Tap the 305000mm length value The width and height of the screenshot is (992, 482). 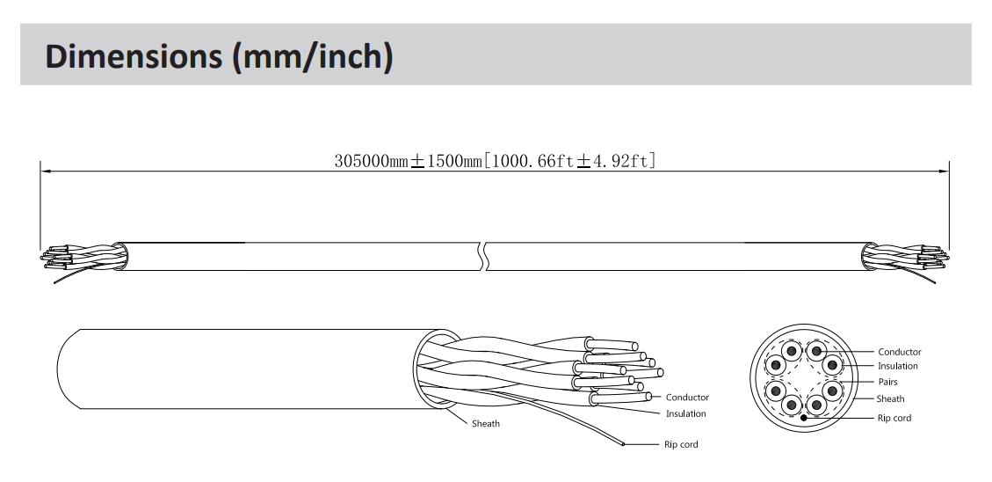tap(372, 161)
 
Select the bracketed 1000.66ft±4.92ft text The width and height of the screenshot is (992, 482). tap(569, 161)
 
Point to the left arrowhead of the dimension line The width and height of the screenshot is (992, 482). tap(46, 171)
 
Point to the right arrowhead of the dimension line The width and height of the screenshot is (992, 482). tap(944, 171)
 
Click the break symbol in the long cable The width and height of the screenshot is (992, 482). tap(485, 256)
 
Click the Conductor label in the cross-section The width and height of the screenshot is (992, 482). tap(899, 352)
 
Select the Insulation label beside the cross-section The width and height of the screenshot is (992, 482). tap(897, 366)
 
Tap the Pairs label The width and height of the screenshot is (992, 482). tap(887, 382)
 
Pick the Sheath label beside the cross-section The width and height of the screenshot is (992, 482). tap(890, 399)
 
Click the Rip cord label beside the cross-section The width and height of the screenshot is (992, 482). tap(894, 418)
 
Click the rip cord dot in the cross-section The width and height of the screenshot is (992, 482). tap(803, 418)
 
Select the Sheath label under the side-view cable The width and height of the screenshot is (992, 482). tap(485, 424)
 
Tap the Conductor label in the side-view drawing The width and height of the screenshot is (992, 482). tap(687, 398)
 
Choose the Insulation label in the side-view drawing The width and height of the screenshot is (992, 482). tap(686, 414)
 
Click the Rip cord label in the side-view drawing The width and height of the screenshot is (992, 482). tap(681, 445)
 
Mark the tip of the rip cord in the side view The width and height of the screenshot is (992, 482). tap(623, 445)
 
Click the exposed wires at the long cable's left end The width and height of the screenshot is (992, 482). tap(78, 259)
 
